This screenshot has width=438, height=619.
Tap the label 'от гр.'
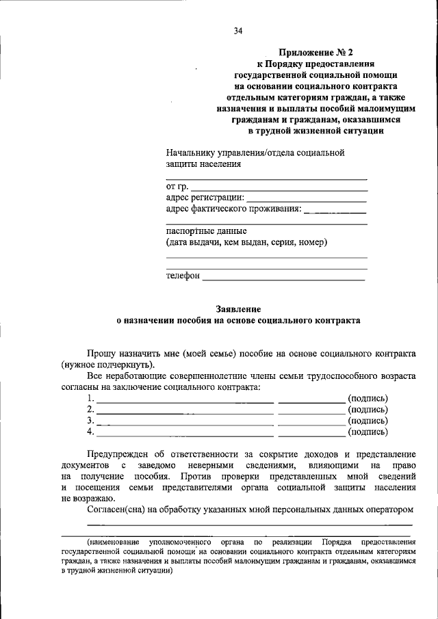(177, 186)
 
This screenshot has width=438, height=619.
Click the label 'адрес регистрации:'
(205, 198)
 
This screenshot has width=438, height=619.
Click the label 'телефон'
(183, 276)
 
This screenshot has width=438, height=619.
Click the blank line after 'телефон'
(283, 277)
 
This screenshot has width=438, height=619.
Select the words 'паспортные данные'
(206, 231)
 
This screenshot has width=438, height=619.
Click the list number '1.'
(91, 398)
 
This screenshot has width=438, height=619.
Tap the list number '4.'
(91, 432)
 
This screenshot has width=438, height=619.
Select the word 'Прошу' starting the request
(103, 354)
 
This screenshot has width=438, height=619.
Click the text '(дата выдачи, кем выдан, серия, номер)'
(246, 242)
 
